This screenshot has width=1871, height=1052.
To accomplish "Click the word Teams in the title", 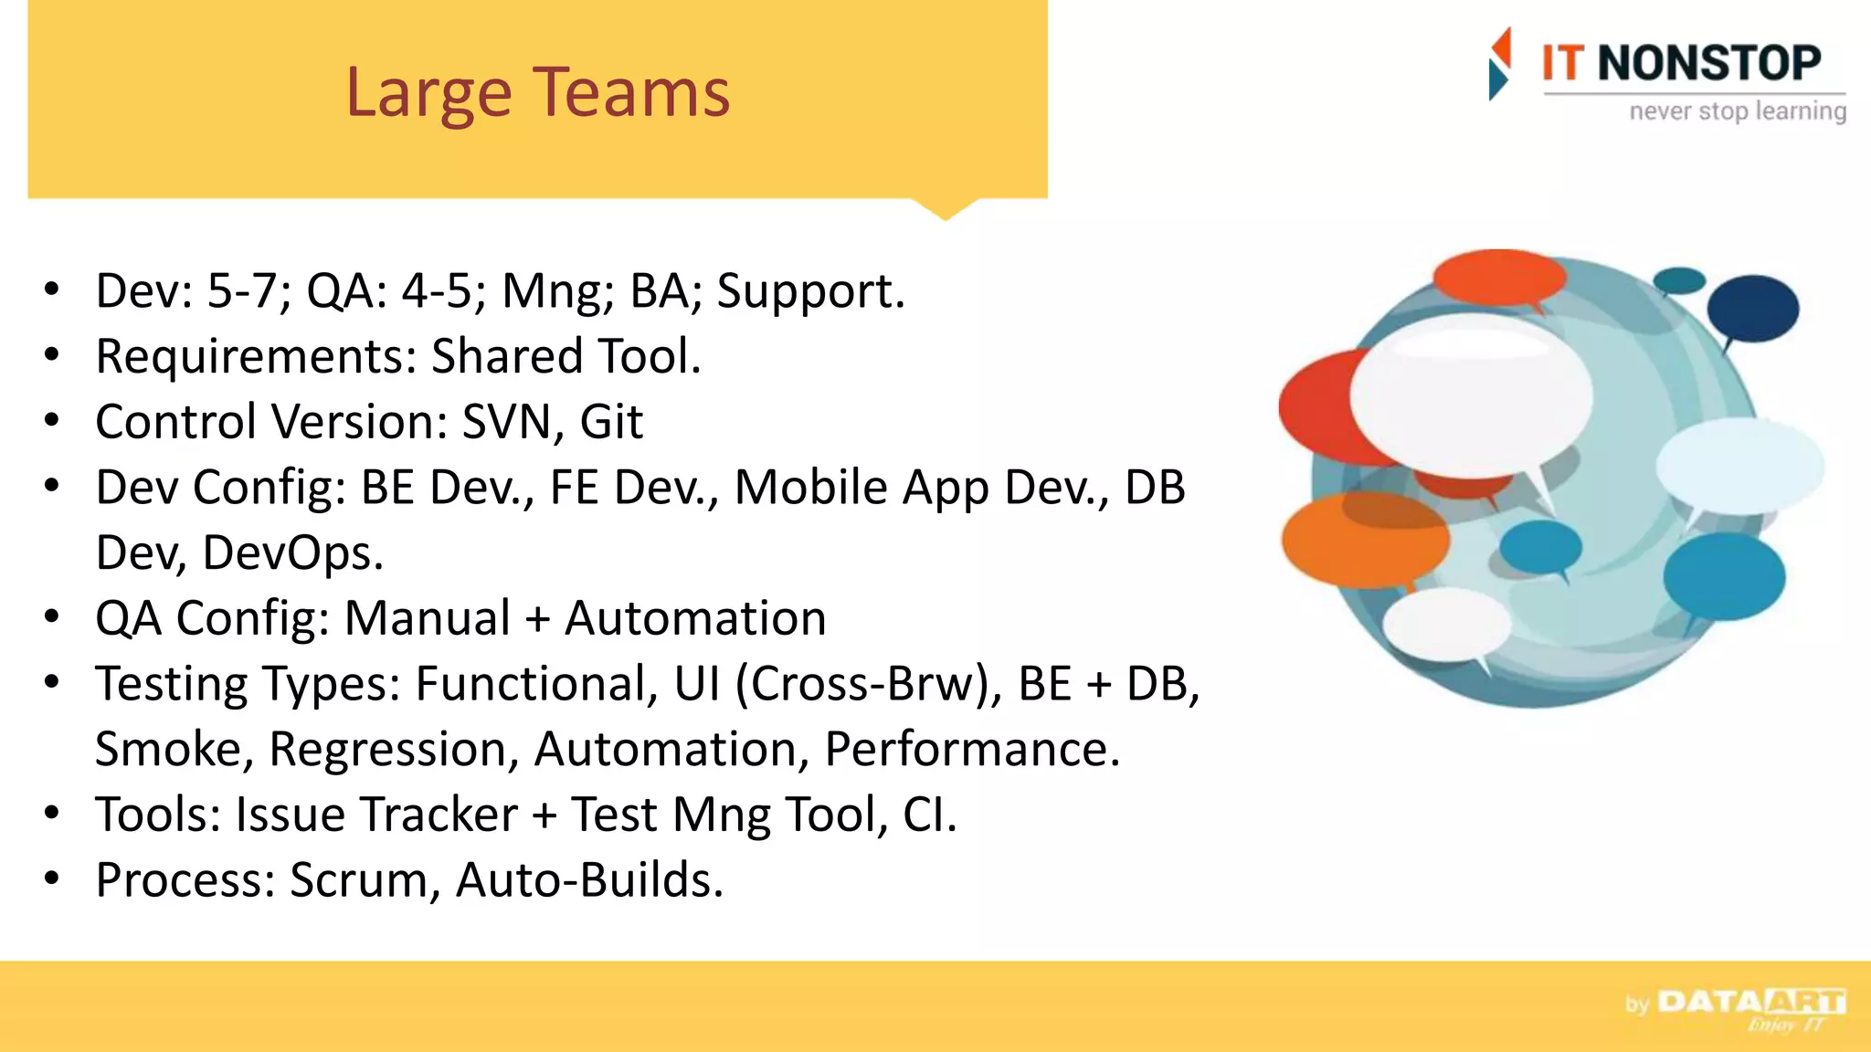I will tap(631, 93).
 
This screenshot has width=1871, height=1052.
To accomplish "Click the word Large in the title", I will tap(428, 93).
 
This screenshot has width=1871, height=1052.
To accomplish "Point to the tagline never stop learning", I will tap(1737, 111).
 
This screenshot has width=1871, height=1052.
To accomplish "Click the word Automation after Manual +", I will tap(695, 619).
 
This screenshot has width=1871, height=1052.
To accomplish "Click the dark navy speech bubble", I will tap(1752, 309).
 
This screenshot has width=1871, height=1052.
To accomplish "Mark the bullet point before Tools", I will tap(52, 813).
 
